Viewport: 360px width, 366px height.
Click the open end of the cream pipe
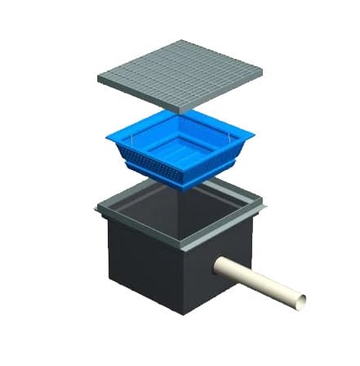[x=303, y=302]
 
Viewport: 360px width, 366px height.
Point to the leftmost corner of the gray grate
[x=97, y=78]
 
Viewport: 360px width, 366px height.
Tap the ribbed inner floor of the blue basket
[x=180, y=152]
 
